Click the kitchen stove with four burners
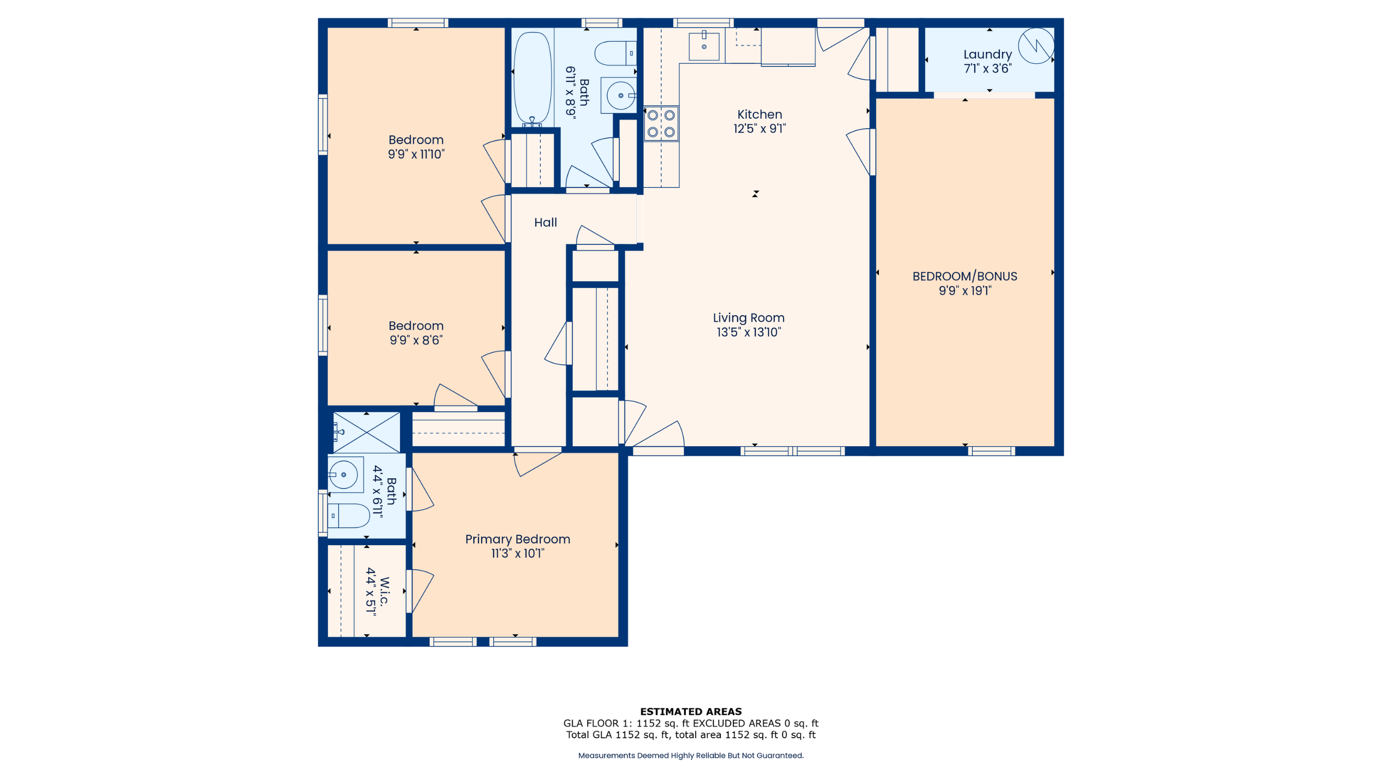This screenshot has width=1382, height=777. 661,123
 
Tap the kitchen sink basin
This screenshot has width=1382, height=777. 704,46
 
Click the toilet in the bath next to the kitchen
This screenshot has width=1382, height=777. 615,53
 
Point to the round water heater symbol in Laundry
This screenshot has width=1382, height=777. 1036,46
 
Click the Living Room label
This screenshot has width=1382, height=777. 749,318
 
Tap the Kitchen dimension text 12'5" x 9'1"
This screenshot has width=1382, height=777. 760,129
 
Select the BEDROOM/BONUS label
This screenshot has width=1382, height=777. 965,276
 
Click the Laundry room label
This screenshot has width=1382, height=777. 987,54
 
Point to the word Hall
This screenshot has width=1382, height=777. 545,222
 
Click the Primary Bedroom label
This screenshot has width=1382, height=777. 517,539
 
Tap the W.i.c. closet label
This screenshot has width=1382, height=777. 384,591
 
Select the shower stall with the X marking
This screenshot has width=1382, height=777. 366,432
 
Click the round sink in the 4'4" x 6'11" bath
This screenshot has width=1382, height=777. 343,475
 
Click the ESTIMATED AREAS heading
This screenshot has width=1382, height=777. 691,712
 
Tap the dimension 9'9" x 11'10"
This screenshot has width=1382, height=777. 416,154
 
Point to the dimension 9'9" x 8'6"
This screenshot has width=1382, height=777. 416,341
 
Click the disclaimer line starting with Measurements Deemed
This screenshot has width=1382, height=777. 691,756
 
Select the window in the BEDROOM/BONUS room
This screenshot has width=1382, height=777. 991,451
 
